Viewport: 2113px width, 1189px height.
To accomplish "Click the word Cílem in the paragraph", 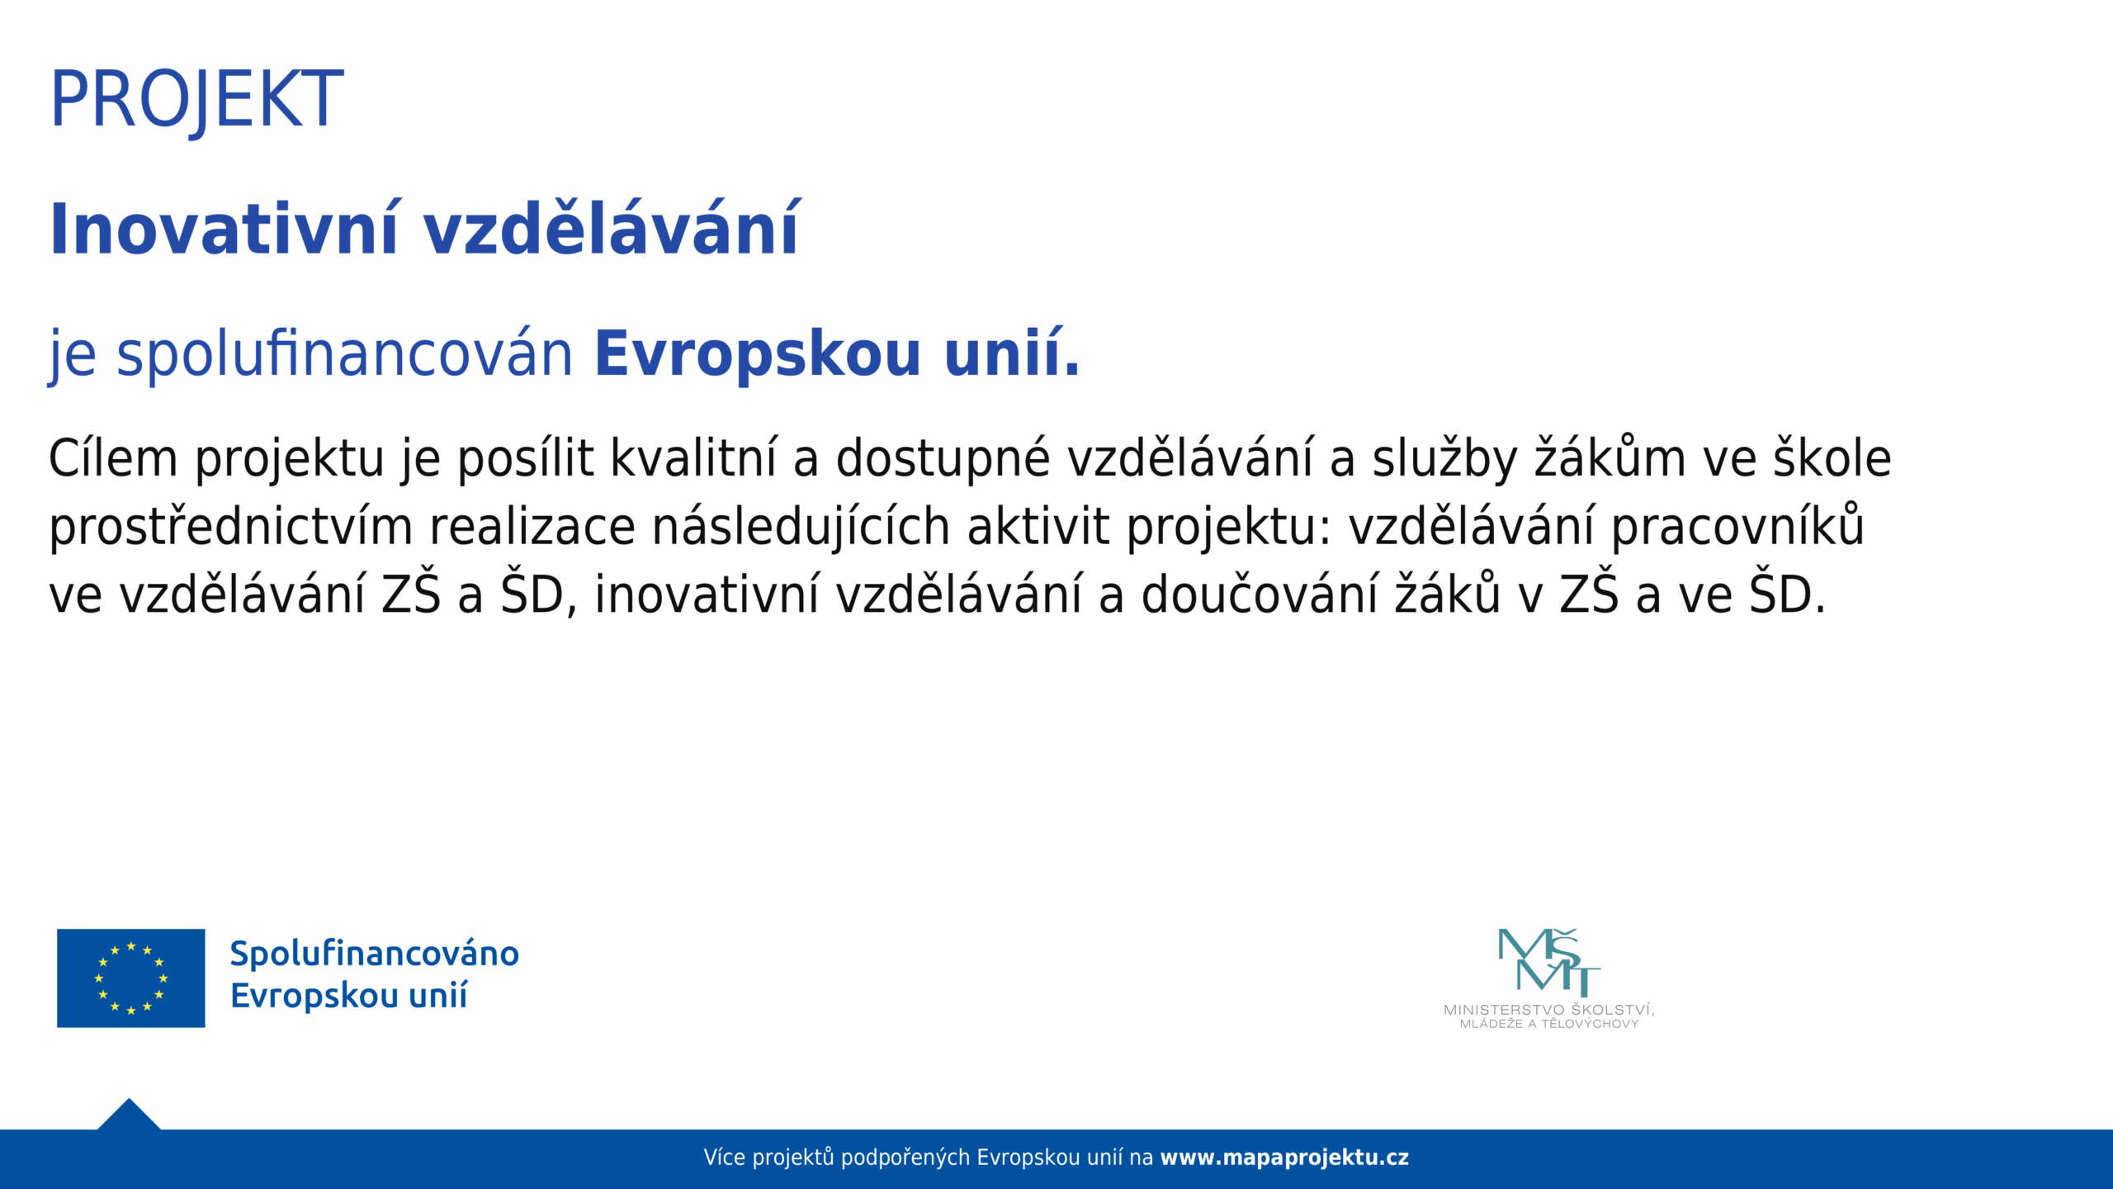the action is (113, 458).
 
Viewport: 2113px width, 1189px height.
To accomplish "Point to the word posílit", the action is (525, 458).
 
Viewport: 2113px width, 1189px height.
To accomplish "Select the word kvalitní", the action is (693, 458).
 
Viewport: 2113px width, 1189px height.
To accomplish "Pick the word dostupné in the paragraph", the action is (943, 460).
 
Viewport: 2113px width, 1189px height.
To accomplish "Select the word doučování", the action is (1260, 594).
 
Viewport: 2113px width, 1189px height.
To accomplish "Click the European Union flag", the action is (130, 978).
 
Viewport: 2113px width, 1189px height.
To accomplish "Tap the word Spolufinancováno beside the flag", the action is (374, 955).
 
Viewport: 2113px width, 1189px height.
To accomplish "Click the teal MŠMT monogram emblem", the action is (1548, 962).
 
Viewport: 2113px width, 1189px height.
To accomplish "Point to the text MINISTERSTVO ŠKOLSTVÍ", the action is (1548, 1009).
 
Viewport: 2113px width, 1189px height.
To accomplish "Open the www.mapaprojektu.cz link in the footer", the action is (1284, 1158).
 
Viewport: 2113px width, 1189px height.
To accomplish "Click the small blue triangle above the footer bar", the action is (129, 1116).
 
